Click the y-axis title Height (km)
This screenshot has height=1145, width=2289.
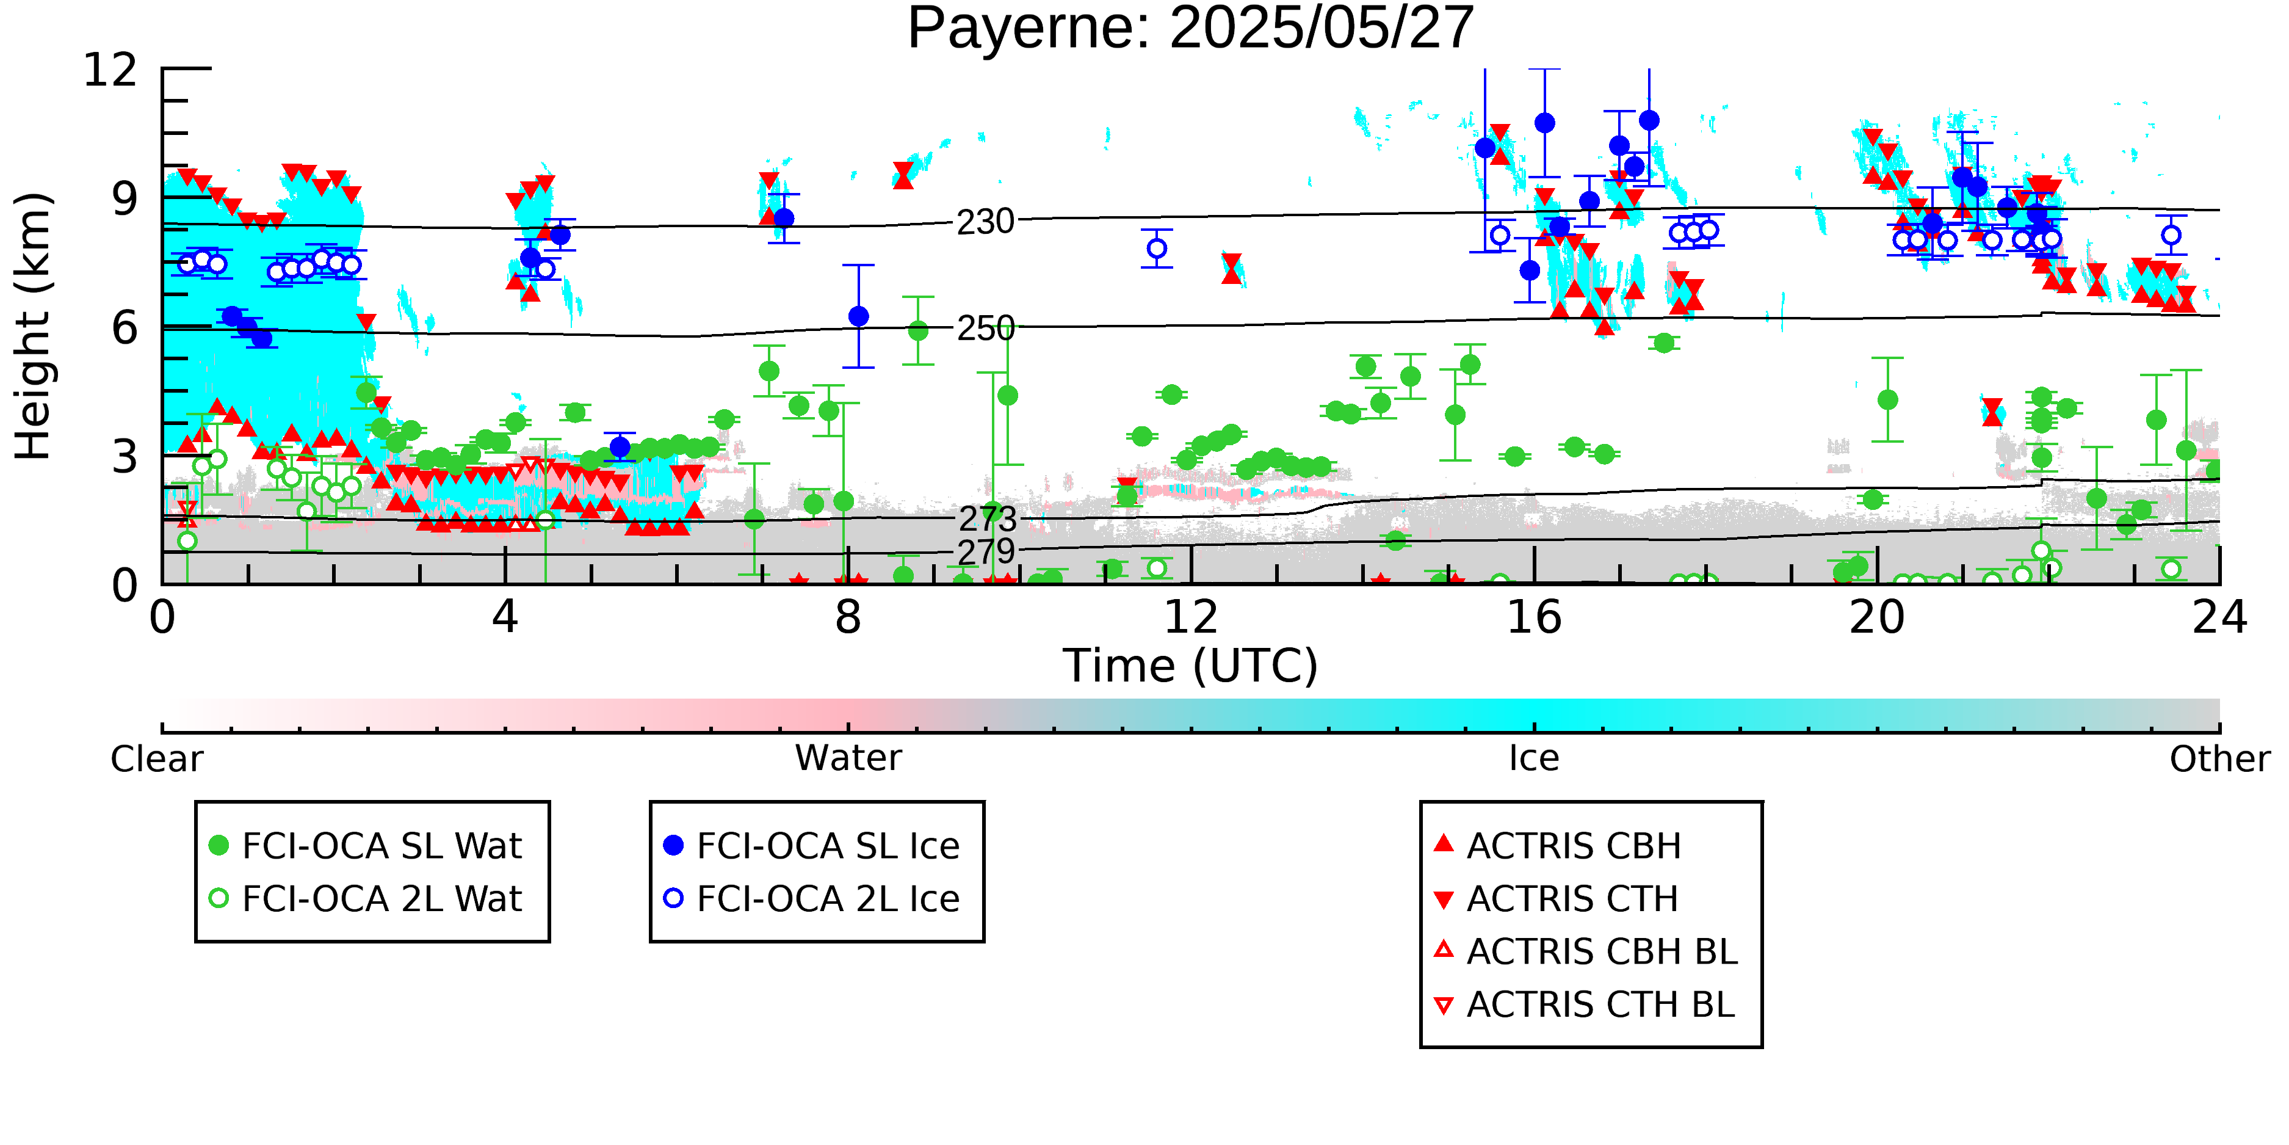click(x=33, y=325)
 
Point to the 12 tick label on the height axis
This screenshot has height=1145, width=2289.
click(x=110, y=70)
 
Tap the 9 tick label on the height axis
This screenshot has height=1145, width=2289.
click(x=125, y=199)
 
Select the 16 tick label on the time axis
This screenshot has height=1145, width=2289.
click(x=1534, y=617)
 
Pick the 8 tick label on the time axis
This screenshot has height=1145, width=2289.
click(x=848, y=617)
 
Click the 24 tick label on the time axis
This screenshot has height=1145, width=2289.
click(x=2219, y=617)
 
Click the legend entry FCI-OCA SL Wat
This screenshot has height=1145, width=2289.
click(x=365, y=845)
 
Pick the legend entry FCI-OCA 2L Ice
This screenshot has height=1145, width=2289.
click(x=811, y=899)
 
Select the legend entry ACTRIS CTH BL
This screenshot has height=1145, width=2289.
click(x=1585, y=1005)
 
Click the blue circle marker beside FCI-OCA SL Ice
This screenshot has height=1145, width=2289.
click(x=673, y=845)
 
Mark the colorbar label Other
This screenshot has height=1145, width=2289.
click(x=2219, y=759)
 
